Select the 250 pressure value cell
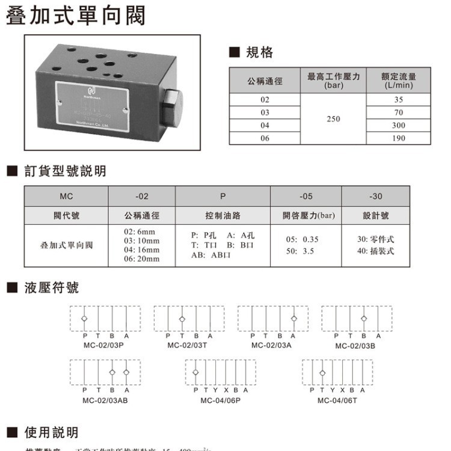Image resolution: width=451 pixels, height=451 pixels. coord(333,119)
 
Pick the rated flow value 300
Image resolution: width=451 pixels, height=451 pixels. coord(399,126)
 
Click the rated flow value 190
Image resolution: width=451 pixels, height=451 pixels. coord(399,138)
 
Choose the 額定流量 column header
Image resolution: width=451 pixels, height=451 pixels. coord(399,80)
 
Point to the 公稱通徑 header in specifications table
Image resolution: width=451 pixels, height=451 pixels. coord(265,80)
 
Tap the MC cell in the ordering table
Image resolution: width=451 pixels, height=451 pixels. coord(66,197)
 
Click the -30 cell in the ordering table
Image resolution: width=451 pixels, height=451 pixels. coord(375,197)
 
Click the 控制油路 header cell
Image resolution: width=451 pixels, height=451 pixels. coord(222,215)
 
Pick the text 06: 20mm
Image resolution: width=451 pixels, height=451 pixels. coord(142,259)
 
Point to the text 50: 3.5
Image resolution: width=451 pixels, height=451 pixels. coord(300,251)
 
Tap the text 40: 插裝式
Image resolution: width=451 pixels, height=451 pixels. coord(375,251)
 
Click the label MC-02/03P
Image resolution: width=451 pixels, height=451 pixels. coord(103,345)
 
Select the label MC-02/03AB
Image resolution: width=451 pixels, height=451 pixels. coord(105,400)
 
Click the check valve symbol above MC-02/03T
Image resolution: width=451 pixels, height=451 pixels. coord(183,319)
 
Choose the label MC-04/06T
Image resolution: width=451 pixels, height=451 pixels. coord(337,400)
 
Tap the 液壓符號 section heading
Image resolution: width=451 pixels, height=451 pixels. coord(51,287)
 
